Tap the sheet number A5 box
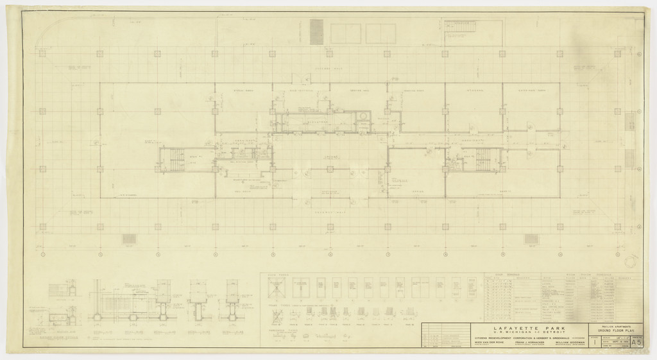pyautogui.click(x=636, y=342)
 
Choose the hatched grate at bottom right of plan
pyautogui.click(x=532, y=239)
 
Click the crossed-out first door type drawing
pyautogui.click(x=273, y=287)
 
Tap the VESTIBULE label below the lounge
pyautogui.click(x=330, y=191)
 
